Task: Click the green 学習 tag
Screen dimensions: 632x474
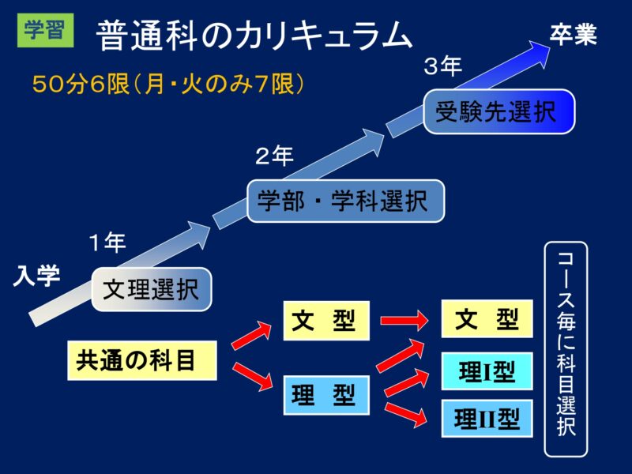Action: point(45,30)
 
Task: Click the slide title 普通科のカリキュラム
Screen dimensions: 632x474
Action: point(254,36)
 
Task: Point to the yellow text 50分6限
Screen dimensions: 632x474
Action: point(81,85)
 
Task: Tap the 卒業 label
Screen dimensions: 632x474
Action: point(574,34)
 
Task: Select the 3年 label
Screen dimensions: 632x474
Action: point(442,66)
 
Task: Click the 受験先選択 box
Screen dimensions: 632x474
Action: point(499,111)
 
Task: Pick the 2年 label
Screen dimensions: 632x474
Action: point(274,156)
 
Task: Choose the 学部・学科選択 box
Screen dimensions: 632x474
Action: point(345,201)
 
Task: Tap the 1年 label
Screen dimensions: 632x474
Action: point(107,243)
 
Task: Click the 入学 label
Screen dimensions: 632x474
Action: point(36,276)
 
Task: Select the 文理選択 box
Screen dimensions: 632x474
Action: point(152,289)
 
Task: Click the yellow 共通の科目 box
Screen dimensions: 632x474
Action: point(142,360)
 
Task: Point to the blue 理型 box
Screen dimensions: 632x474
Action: point(326,395)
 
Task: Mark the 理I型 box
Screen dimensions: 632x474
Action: point(487,371)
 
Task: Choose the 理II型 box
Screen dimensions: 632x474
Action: point(487,419)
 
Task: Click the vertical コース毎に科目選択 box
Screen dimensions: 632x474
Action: point(566,349)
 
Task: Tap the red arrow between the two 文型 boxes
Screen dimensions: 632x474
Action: point(404,321)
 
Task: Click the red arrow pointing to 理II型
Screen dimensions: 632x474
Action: point(405,414)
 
